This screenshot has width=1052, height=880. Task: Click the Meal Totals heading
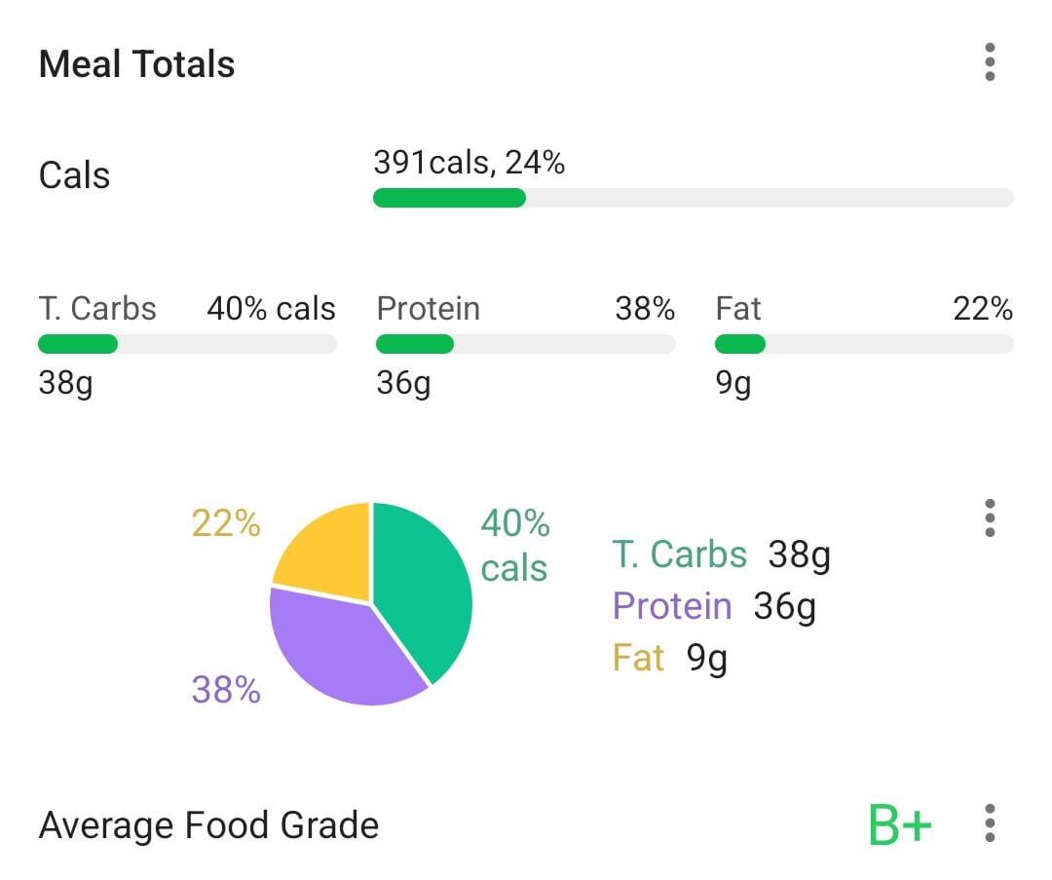[x=136, y=64]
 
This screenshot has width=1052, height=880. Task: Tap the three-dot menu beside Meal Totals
[x=990, y=62]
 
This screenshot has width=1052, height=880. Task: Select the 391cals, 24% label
[x=469, y=163]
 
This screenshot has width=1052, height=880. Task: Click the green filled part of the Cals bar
[x=449, y=198]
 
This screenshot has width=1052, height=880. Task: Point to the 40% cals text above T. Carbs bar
[x=271, y=309]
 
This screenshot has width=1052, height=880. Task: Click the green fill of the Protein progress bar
[x=415, y=344]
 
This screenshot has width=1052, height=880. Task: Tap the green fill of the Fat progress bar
[x=739, y=344]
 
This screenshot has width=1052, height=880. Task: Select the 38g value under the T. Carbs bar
[x=65, y=383]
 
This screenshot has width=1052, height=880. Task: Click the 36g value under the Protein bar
[x=403, y=383]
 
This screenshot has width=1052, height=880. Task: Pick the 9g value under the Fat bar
[x=733, y=383]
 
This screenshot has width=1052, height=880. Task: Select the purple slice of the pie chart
[x=341, y=648]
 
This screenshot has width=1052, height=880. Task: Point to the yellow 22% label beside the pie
[x=226, y=524]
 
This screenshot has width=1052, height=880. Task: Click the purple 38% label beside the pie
[x=226, y=691]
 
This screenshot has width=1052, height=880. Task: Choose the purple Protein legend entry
[x=672, y=606]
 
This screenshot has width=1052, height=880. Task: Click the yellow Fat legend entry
[x=639, y=658]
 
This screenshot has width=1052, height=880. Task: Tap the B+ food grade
[x=899, y=825]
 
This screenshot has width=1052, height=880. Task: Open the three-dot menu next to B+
[x=990, y=823]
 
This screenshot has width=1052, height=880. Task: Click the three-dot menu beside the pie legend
[x=990, y=518]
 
